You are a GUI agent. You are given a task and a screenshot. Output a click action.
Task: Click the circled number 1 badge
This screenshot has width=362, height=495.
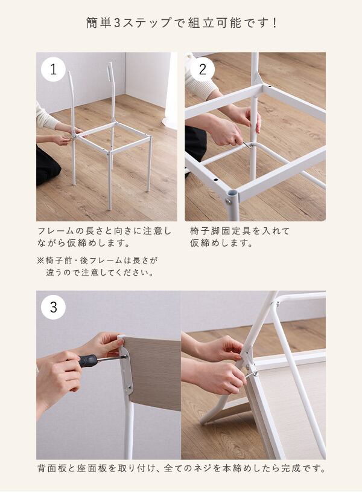pyautogui.click(x=54, y=70)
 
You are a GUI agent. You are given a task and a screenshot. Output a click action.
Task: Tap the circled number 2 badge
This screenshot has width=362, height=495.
pyautogui.click(x=203, y=70)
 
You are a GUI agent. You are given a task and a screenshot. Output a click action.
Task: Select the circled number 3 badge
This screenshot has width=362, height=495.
pyautogui.click(x=54, y=307)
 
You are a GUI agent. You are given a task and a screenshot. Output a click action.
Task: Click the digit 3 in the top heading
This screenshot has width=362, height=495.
pyautogui.click(x=117, y=23)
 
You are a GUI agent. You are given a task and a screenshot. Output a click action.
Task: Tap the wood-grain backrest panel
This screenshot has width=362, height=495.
pyautogui.click(x=154, y=372)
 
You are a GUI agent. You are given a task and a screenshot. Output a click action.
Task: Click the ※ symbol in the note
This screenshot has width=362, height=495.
pyautogui.click(x=40, y=260)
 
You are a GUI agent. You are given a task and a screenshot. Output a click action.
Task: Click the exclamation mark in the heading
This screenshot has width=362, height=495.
pyautogui.click(x=275, y=23)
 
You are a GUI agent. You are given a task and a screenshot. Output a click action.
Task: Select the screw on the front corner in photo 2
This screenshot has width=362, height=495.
pyautogui.click(x=227, y=201)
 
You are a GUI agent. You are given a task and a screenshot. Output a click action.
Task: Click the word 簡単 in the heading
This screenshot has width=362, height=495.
pyautogui.click(x=99, y=23)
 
